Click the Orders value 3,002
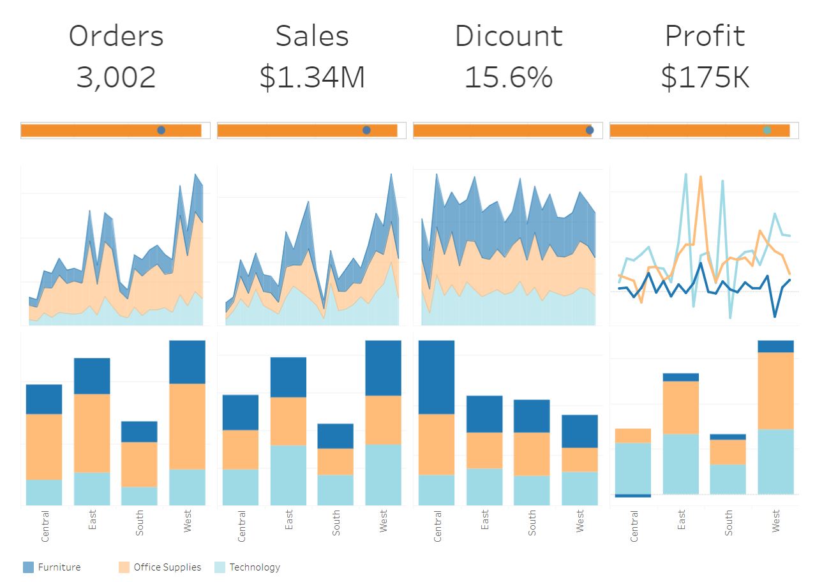pyautogui.click(x=116, y=77)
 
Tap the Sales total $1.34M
pyautogui.click(x=312, y=77)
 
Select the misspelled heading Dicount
pyautogui.click(x=509, y=36)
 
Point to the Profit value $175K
pyautogui.click(x=705, y=77)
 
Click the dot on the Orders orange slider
pyautogui.click(x=161, y=130)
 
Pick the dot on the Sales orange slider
pyautogui.click(x=366, y=130)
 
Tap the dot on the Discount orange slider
pyautogui.click(x=590, y=130)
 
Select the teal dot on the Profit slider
pyautogui.click(x=767, y=130)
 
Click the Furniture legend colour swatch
pyautogui.click(x=28, y=567)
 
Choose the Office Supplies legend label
pyautogui.click(x=167, y=567)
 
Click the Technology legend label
pyautogui.click(x=255, y=567)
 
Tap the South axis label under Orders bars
pyautogui.click(x=140, y=523)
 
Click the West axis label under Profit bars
pyautogui.click(x=776, y=521)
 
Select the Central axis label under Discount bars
pyautogui.click(x=438, y=526)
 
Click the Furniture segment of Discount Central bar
pyautogui.click(x=437, y=377)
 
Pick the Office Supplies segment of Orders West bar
pyautogui.click(x=187, y=426)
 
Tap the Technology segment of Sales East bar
pyautogui.click(x=288, y=475)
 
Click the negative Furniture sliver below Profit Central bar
pyautogui.click(x=632, y=496)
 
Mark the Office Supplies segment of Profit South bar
pyautogui.click(x=728, y=452)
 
